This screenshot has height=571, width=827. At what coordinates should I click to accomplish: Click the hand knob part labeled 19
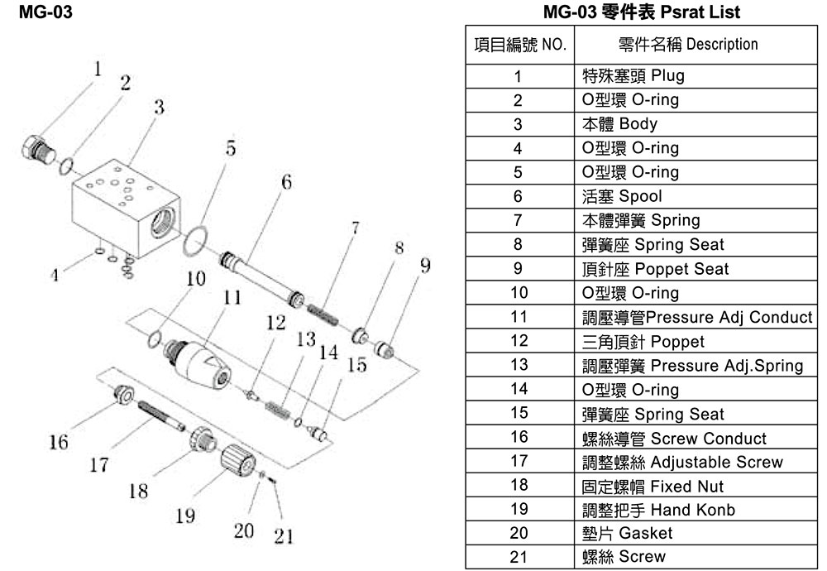[240, 459]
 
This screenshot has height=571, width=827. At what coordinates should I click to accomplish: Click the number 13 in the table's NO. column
[518, 365]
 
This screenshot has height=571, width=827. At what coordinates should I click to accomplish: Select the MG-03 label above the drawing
[41, 12]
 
